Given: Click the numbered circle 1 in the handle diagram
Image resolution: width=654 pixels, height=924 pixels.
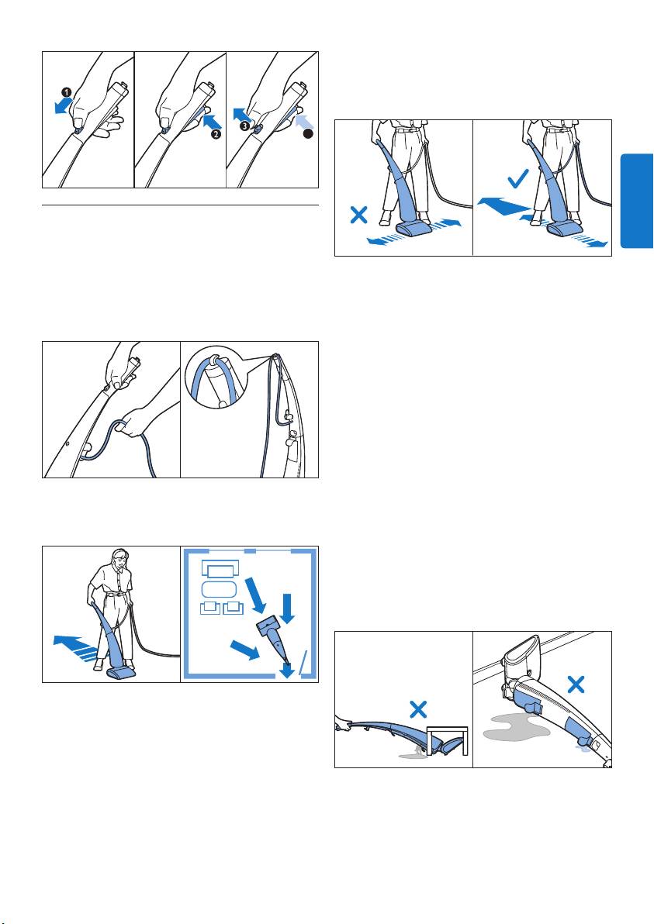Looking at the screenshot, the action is coord(67,92).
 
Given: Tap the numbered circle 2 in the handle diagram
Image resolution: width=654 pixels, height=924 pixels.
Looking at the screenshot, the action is coord(216,134).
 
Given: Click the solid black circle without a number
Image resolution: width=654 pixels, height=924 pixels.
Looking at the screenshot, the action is coord(307,134).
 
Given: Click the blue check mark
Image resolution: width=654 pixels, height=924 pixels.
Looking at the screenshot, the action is coord(517,178).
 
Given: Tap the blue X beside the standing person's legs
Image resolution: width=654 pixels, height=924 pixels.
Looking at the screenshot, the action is coord(358,214).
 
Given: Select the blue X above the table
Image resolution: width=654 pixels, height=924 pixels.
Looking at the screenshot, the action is coord(418,709).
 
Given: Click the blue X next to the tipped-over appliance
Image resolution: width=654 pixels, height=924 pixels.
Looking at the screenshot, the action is coord(576,684).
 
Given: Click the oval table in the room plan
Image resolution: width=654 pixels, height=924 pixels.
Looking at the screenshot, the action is coord(220,589).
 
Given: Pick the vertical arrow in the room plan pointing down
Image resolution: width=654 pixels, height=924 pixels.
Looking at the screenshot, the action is coord(288,609).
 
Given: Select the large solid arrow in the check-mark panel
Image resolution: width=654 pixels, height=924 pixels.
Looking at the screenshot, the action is coord(505,205).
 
